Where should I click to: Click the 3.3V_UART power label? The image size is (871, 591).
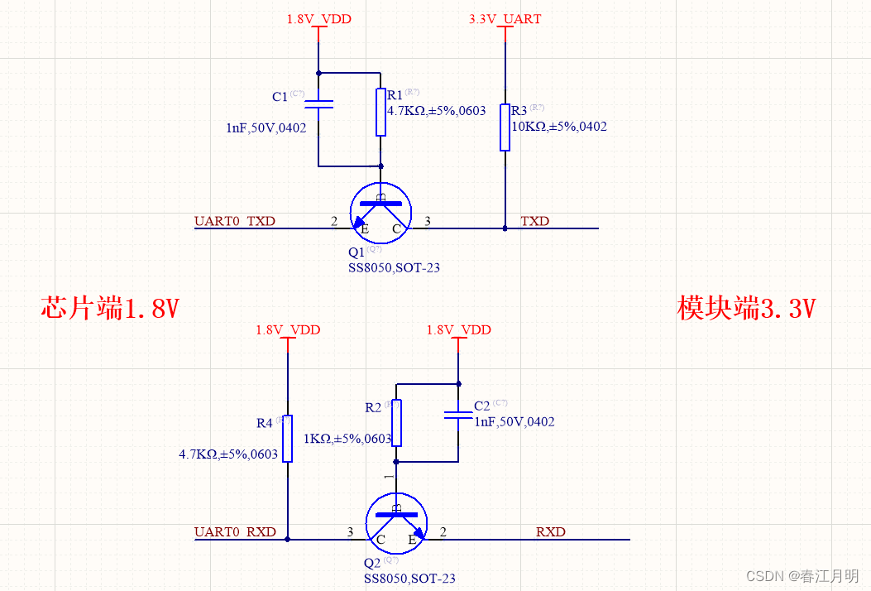pyautogui.click(x=505, y=18)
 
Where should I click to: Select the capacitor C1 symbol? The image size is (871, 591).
pyautogui.click(x=318, y=103)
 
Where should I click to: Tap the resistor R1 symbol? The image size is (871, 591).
pyautogui.click(x=380, y=112)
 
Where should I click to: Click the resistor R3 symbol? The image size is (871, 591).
pyautogui.click(x=505, y=127)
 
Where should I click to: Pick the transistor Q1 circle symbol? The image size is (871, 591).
pyautogui.click(x=380, y=213)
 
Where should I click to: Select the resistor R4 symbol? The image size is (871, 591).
pyautogui.click(x=287, y=438)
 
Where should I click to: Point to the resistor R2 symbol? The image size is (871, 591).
pyautogui.click(x=396, y=422)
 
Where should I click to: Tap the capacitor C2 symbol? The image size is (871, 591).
pyautogui.click(x=457, y=414)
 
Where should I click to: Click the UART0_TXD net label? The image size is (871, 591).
pyautogui.click(x=235, y=221)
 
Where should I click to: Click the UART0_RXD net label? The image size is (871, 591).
pyautogui.click(x=235, y=531)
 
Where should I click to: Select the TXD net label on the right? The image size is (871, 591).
pyautogui.click(x=534, y=221)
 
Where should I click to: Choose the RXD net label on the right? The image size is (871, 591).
pyautogui.click(x=551, y=531)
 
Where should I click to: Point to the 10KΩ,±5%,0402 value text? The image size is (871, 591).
pyautogui.click(x=559, y=127)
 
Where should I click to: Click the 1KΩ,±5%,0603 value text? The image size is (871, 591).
pyautogui.click(x=347, y=439)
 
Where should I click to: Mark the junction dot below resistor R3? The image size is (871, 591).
pyautogui.click(x=505, y=228)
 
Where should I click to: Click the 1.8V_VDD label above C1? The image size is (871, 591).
pyautogui.click(x=318, y=18)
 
